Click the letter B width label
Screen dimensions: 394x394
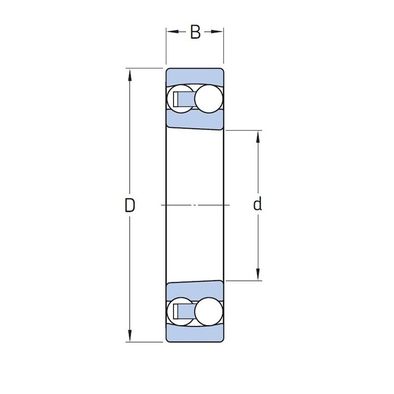point(195,32)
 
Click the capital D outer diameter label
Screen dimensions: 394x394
point(130,205)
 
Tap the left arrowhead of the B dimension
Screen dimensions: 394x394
point(172,32)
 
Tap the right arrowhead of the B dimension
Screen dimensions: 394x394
point(217,32)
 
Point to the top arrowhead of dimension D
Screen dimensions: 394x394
point(130,74)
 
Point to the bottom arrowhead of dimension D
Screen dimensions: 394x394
point(130,335)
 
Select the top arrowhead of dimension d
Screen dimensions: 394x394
point(258,137)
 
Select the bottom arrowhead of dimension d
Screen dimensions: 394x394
point(258,274)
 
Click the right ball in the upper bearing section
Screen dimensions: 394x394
point(209,99)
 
